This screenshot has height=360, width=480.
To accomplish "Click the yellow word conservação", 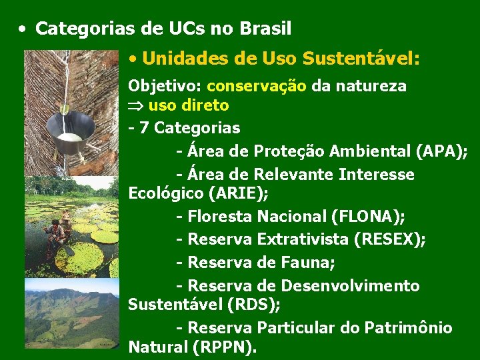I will pos(257,86).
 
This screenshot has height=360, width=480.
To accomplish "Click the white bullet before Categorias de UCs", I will pos(23,29).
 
